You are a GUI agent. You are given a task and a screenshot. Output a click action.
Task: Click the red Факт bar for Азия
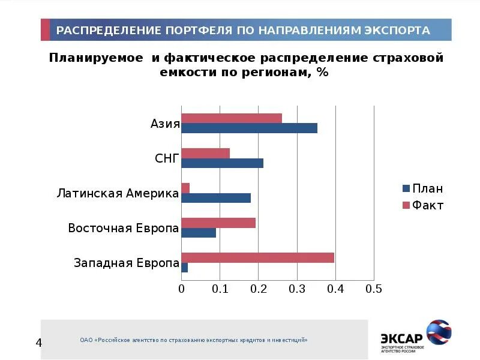click(231, 118)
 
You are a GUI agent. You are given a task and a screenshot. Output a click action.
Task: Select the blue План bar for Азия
click(249, 128)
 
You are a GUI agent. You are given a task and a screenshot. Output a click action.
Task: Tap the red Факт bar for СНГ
click(205, 153)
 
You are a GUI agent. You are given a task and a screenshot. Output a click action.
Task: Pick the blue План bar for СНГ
click(222, 163)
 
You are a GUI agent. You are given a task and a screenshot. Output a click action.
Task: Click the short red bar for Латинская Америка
click(185, 188)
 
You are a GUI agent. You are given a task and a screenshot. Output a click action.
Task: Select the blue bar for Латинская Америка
click(216, 198)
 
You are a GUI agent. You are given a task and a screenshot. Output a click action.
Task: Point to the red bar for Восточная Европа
click(218, 223)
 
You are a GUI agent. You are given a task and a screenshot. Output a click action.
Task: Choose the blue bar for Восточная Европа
click(199, 233)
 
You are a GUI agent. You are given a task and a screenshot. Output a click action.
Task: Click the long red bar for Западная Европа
click(257, 258)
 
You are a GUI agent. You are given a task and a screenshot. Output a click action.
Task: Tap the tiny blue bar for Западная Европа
click(185, 268)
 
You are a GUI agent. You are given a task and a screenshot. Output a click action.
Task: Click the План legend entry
click(423, 189)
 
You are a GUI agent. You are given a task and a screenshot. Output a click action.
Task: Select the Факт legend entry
click(423, 206)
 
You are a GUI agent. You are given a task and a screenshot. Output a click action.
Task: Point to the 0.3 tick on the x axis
click(297, 289)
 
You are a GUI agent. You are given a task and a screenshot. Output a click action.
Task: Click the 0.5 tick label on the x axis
click(374, 289)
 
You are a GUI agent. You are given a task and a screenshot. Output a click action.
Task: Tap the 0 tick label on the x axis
click(182, 289)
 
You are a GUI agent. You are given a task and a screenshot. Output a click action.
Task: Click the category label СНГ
click(167, 158)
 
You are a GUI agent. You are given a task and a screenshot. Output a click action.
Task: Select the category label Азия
click(165, 124)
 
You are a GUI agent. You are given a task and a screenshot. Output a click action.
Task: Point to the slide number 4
click(40, 343)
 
